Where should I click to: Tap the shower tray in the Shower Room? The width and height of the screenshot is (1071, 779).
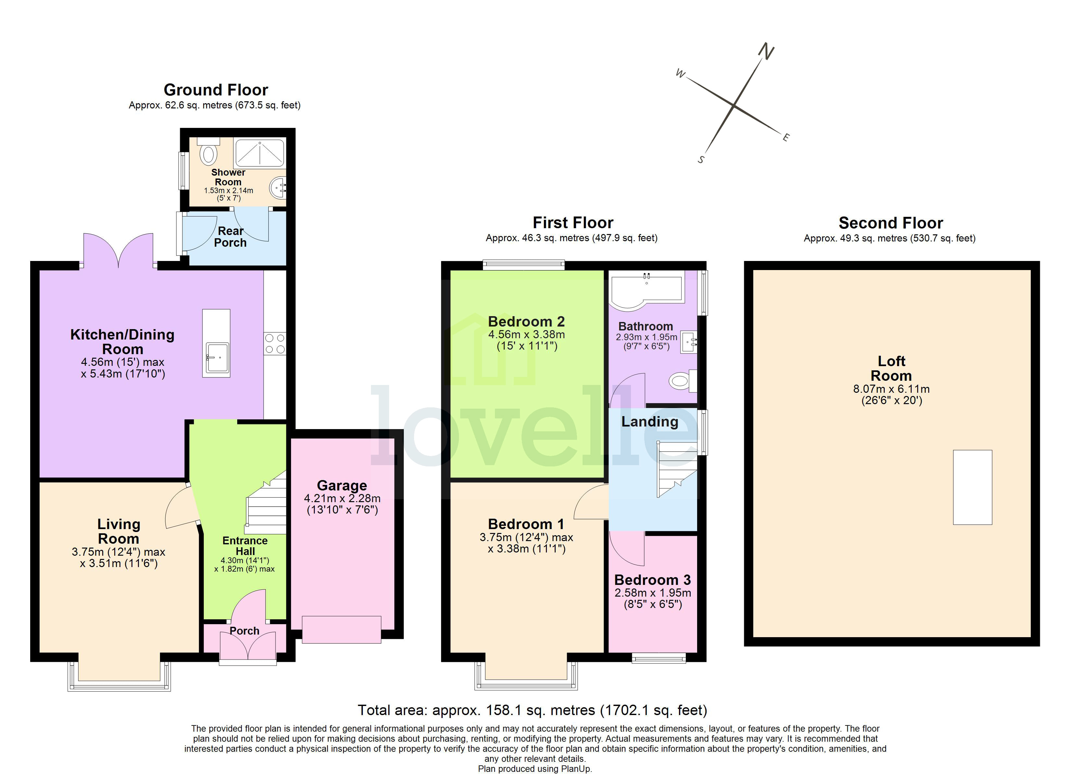point(260,152)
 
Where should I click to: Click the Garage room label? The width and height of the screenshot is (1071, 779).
point(342,485)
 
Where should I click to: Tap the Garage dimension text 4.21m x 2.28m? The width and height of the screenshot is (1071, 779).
point(342,498)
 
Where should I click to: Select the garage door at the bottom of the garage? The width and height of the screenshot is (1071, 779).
point(341,629)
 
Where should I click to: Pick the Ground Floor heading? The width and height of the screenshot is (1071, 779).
point(216,90)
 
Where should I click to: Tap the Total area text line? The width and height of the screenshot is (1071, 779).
point(532,710)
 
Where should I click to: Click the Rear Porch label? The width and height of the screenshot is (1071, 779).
point(230,237)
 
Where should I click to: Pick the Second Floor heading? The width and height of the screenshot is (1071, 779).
point(890,223)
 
